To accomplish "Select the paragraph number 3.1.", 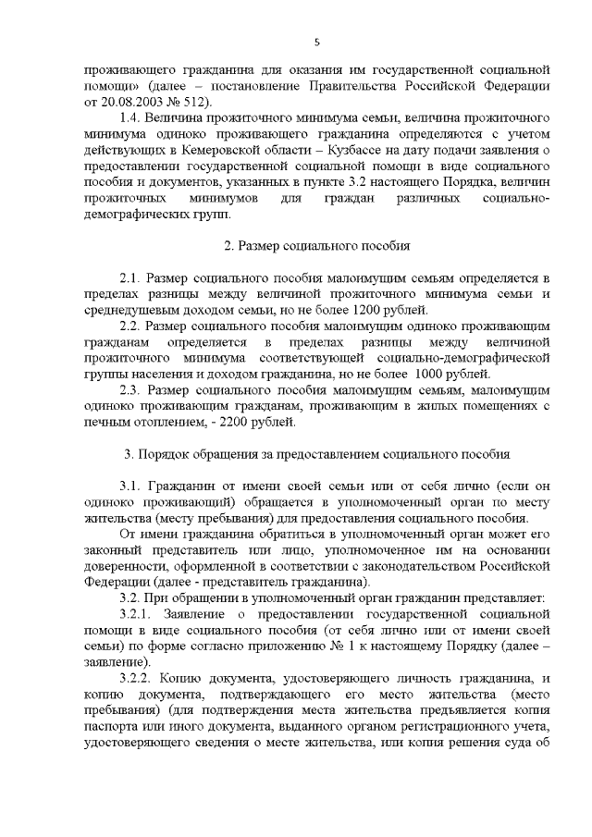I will coord(131,486).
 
